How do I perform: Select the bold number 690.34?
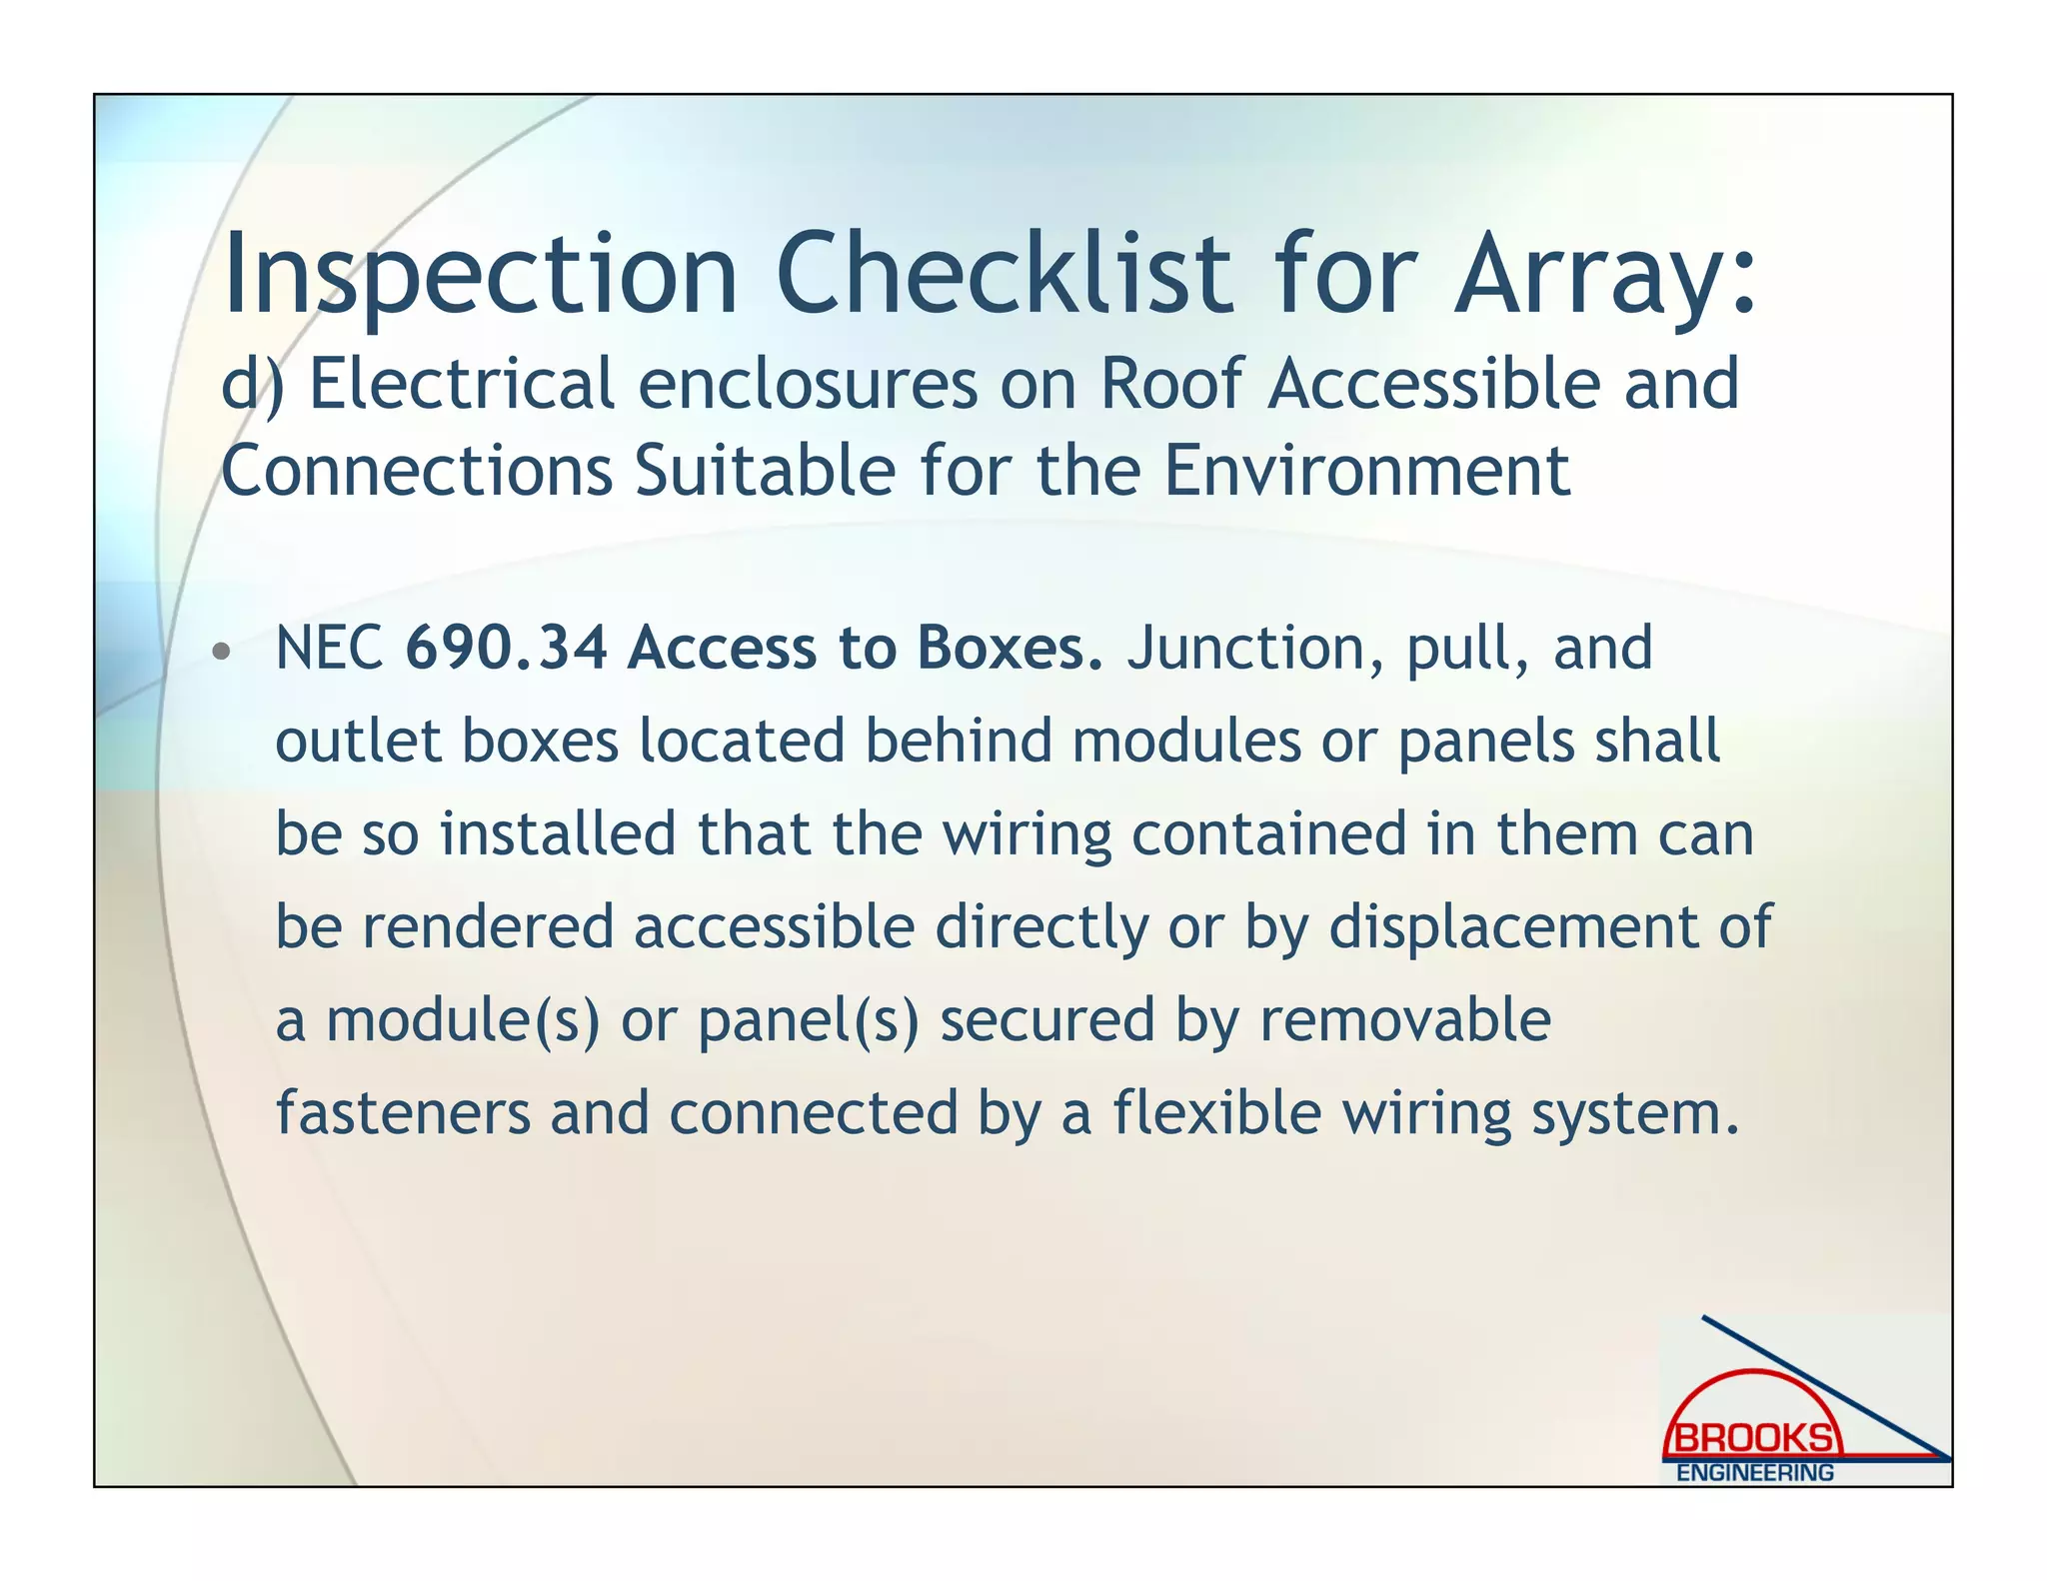507,649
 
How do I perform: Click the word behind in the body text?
959,742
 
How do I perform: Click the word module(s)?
463,1020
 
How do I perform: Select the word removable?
1404,1020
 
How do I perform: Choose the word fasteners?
403,1113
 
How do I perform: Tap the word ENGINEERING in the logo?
1754,1473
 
